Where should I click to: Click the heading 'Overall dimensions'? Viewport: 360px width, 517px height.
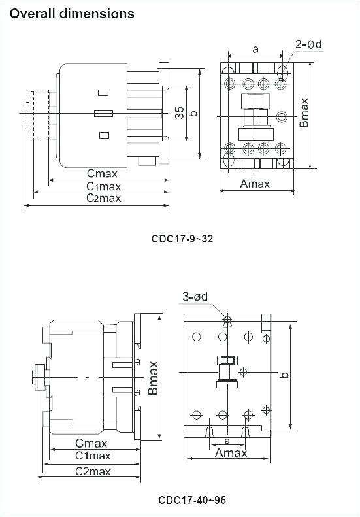pyautogui.click(x=73, y=13)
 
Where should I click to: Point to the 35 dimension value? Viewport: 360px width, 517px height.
pyautogui.click(x=179, y=113)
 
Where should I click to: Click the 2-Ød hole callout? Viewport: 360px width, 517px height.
pyautogui.click(x=308, y=44)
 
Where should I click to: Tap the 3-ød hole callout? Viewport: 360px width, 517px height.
pyautogui.click(x=195, y=297)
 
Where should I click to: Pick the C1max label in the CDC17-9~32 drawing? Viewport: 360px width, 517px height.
pyautogui.click(x=104, y=186)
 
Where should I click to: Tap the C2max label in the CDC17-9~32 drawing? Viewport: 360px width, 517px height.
pyautogui.click(x=104, y=198)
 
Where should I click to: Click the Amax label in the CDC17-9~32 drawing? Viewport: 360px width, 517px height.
pyautogui.click(x=255, y=184)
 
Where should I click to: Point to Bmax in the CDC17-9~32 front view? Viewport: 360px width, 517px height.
pyautogui.click(x=304, y=112)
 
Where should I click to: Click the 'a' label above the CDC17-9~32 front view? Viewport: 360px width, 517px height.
pyautogui.click(x=255, y=48)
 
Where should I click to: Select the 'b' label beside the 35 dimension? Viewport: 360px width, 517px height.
pyautogui.click(x=193, y=113)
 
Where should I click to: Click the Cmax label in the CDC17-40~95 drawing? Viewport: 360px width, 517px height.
pyautogui.click(x=91, y=443)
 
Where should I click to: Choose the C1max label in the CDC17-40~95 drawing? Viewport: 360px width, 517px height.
pyautogui.click(x=92, y=456)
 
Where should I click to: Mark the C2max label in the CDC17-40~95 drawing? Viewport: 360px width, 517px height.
pyautogui.click(x=92, y=471)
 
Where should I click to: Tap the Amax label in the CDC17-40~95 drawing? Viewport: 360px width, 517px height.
pyautogui.click(x=231, y=453)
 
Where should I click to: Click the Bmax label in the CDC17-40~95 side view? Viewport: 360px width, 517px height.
pyautogui.click(x=153, y=378)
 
